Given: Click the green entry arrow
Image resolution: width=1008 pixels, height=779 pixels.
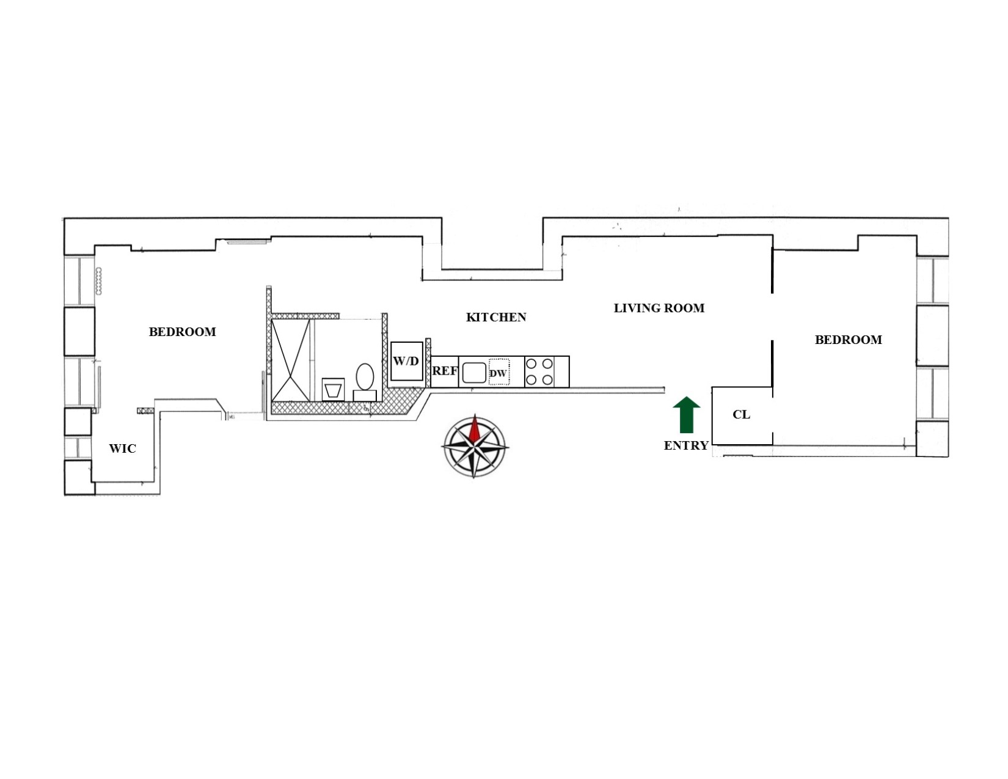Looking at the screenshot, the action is coord(686,415).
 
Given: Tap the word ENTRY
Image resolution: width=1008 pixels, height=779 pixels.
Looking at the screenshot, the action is coord(686,446).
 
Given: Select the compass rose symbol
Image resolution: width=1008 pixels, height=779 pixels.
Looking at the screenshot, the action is coord(475,446).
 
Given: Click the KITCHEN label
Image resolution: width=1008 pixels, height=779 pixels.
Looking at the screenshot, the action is coord(495,317).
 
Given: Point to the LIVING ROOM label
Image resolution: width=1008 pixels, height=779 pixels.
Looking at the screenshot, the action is coord(659,309).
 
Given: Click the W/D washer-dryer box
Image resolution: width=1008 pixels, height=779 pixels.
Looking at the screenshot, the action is coord(406,361).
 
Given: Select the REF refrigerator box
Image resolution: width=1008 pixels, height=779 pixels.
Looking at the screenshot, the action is coord(445,371).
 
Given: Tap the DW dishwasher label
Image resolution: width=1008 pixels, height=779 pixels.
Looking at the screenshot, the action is coord(499,373).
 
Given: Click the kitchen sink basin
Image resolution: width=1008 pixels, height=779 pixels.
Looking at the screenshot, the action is coord(473,372).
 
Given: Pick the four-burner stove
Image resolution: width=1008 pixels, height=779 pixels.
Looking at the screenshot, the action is coord(539,371).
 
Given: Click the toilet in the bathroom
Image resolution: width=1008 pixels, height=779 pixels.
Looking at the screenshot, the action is coord(365,377).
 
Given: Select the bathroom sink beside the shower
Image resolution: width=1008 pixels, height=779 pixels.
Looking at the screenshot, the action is coord(333,389).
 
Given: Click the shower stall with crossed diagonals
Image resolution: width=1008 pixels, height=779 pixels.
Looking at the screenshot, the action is coord(290,360).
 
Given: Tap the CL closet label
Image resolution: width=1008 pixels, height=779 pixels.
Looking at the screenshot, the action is coord(741,415).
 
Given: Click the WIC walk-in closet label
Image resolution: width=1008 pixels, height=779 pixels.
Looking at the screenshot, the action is coord(122,448).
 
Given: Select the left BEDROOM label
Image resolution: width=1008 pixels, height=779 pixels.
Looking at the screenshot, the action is coord(182,332).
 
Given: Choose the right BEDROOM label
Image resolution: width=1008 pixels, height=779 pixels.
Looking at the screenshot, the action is coord(848,340).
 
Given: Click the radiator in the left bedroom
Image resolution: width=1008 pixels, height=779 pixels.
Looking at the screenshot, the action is coord(98,281).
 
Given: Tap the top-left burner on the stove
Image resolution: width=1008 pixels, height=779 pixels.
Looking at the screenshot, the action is coord(531,364).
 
